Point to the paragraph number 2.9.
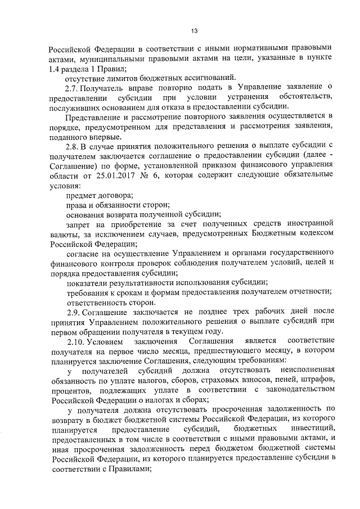pyautogui.click(x=72, y=310)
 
